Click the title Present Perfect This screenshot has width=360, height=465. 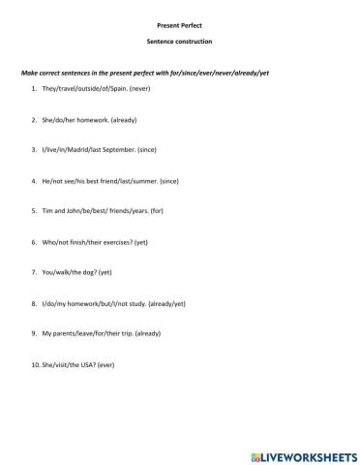pos(179,21)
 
